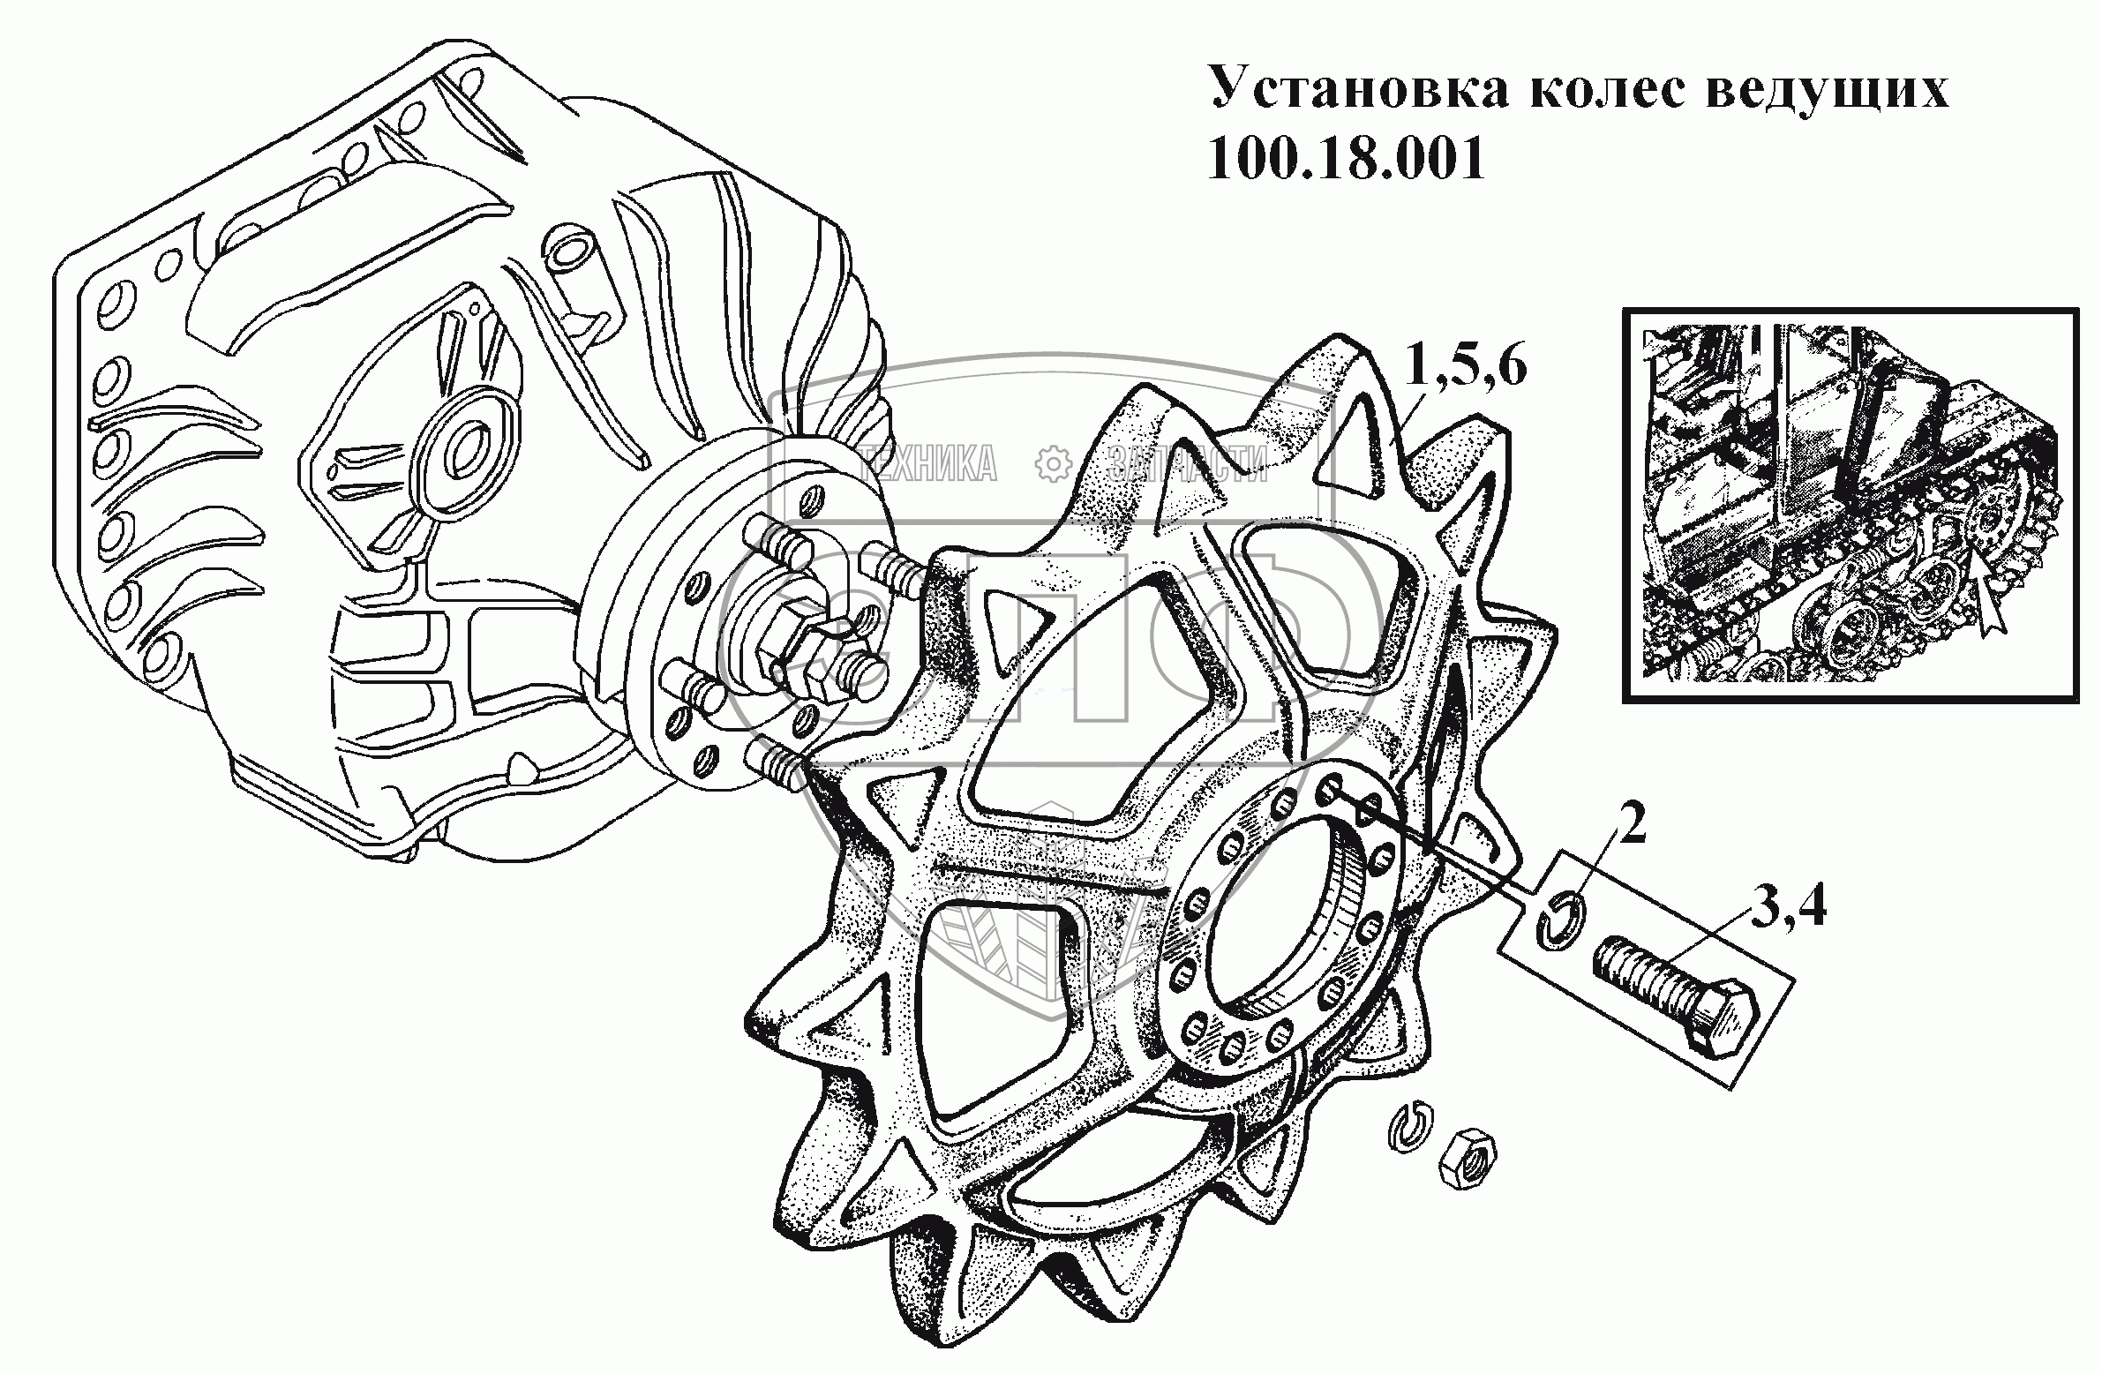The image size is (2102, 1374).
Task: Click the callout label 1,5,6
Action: pos(1464,367)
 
